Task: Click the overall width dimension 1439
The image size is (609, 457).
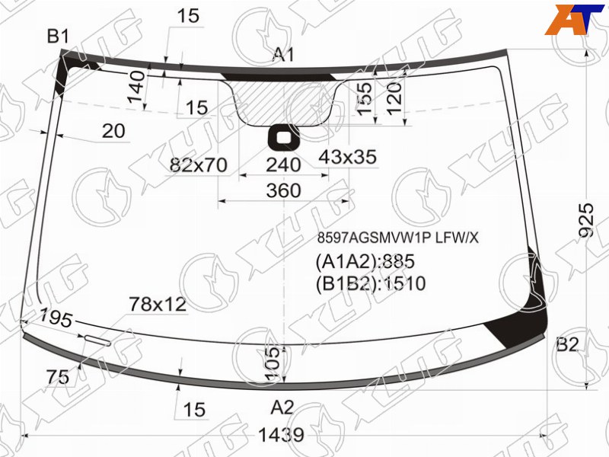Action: tap(281, 435)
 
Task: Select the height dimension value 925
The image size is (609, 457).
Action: tap(586, 220)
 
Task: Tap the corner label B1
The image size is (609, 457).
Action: tap(58, 37)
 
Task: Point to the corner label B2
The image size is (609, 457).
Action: tap(567, 344)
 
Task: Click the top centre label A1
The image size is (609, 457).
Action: tap(284, 55)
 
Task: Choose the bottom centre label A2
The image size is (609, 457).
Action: tap(282, 407)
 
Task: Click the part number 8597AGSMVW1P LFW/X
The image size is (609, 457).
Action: tap(397, 238)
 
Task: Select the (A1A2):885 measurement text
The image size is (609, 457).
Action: tap(365, 261)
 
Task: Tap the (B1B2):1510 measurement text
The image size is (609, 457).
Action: tap(371, 283)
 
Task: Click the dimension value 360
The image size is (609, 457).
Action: tap(283, 191)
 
